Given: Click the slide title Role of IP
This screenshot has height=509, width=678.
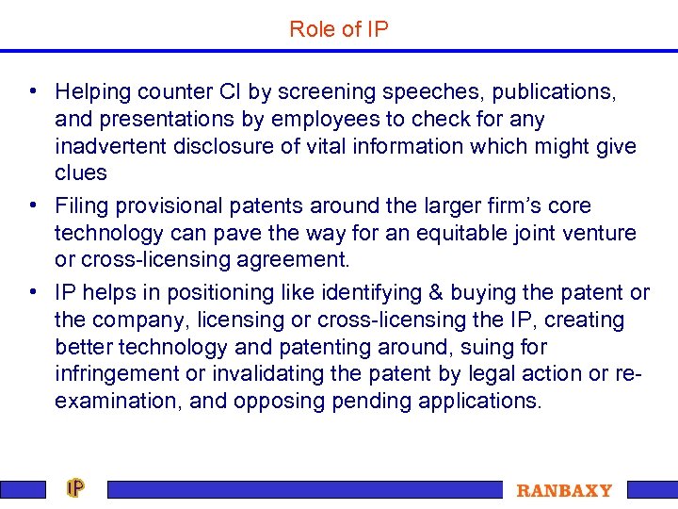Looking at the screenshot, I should pyautogui.click(x=339, y=29).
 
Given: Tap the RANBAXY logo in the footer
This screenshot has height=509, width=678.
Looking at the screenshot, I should pyautogui.click(x=564, y=490).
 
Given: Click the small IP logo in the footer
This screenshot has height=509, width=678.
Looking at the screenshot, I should pyautogui.click(x=75, y=488).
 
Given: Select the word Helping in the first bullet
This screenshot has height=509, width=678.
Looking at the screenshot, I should pyautogui.click(x=91, y=91).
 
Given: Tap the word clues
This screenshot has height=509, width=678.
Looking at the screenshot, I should pyautogui.click(x=81, y=172).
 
